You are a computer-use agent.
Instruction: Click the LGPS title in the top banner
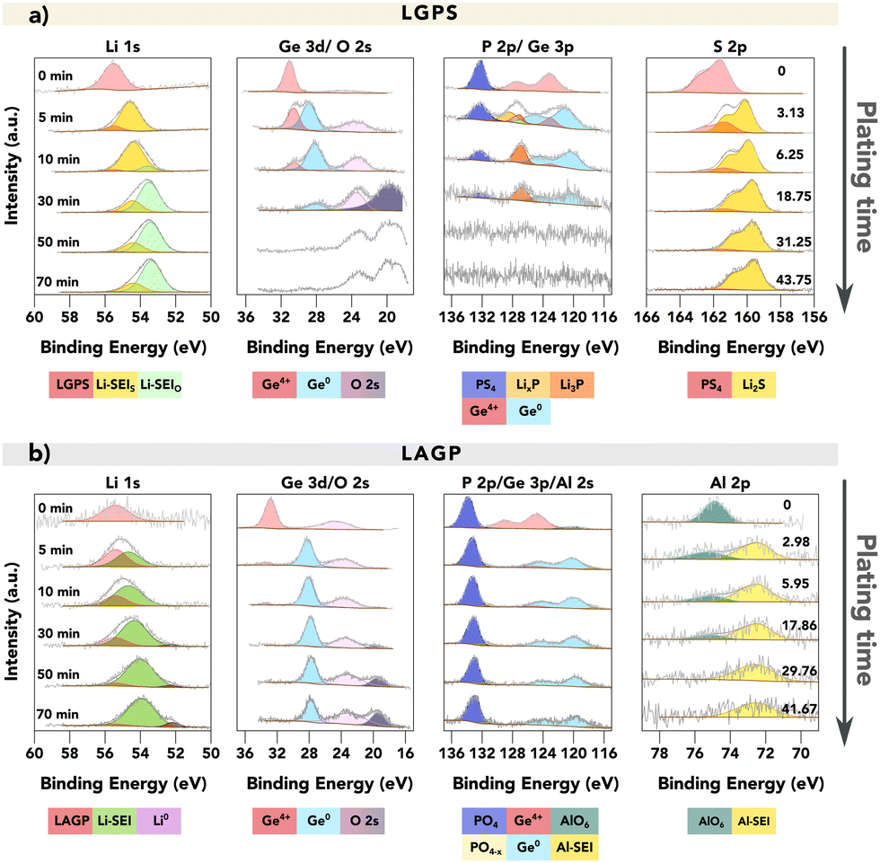pyautogui.click(x=440, y=13)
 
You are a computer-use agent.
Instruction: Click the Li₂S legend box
pyautogui.click(x=753, y=385)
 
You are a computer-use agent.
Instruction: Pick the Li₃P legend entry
pyautogui.click(x=572, y=385)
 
